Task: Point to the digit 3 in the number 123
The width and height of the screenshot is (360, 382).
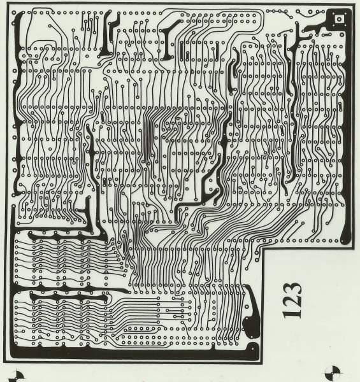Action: coord(292,288)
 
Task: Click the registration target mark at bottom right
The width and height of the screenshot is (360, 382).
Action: coord(333,372)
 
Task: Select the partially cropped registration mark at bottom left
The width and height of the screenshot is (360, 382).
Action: coord(17,377)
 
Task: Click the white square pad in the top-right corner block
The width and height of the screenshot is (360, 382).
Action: coord(339,18)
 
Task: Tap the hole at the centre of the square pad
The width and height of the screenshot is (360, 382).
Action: coord(339,18)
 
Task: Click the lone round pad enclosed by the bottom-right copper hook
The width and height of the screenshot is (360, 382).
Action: coord(247,306)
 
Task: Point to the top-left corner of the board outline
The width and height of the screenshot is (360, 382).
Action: coord(7,3)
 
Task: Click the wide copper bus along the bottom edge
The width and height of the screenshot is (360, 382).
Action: coord(134,352)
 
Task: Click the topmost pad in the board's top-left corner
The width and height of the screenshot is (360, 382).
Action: coord(13,13)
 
